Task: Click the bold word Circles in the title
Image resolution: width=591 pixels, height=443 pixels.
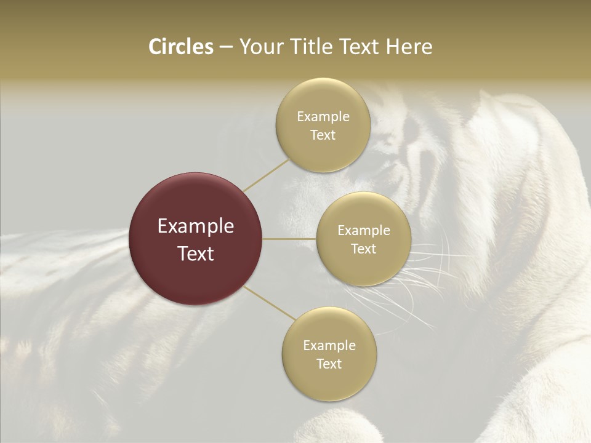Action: tap(181, 47)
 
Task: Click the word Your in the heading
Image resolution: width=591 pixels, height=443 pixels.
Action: tap(260, 47)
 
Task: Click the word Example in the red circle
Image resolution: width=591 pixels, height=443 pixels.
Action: tap(196, 226)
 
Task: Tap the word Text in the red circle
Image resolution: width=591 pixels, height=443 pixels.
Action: tap(196, 253)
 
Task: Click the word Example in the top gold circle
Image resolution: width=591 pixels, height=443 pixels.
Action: tap(323, 117)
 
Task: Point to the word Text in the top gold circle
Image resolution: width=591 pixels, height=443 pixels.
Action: tap(323, 135)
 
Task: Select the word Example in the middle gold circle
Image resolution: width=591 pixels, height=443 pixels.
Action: tap(364, 231)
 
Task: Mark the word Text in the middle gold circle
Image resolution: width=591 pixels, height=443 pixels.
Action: tap(363, 249)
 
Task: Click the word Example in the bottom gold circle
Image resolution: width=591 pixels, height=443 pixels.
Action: tap(329, 346)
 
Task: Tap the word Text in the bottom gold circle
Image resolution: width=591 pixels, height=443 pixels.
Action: tap(329, 364)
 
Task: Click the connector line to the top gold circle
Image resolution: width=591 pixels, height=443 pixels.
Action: tap(267, 175)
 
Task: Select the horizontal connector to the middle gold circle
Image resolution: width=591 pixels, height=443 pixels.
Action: tap(289, 239)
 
